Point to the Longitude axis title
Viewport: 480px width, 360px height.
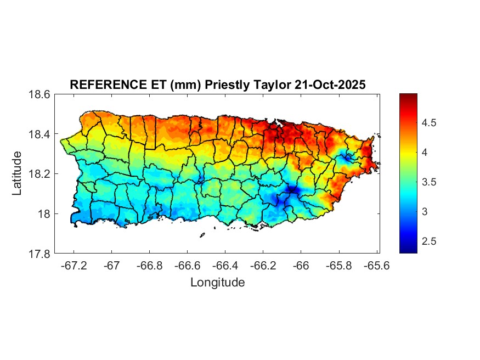coord(217,283)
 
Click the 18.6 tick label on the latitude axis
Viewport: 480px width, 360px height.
coord(39,94)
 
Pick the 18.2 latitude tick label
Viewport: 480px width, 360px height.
coord(39,174)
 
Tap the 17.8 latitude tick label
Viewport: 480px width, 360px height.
coord(39,254)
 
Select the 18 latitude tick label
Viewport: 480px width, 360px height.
coord(44,214)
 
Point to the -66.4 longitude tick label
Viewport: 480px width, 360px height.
coord(225,266)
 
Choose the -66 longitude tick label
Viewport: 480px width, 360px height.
coord(301,266)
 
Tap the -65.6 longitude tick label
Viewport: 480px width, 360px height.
coord(377,266)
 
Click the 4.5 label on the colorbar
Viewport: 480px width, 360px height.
coord(431,123)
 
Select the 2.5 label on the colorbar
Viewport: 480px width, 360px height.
coord(431,241)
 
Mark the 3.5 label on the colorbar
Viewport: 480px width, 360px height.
coord(431,182)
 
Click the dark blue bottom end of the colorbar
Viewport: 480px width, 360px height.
coord(408,250)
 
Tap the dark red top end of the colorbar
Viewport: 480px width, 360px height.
coord(408,97)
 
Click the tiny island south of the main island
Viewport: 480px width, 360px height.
coord(202,235)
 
